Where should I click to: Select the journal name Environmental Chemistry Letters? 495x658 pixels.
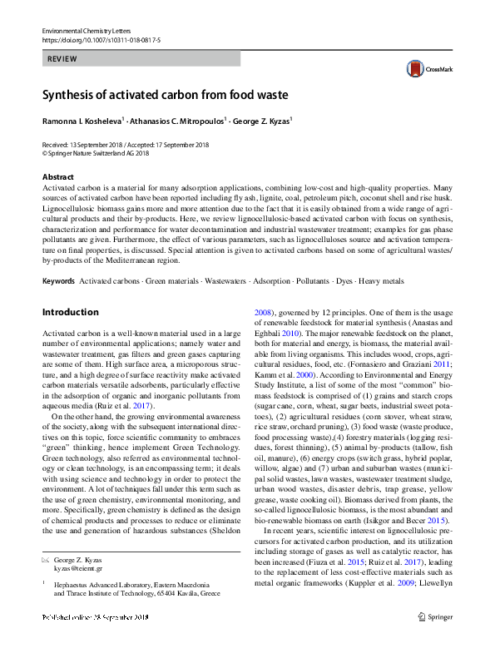coord(91,31)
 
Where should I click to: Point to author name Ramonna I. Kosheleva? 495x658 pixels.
coord(82,121)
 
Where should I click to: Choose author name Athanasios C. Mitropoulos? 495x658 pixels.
coord(179,121)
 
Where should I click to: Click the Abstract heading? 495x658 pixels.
coord(57,177)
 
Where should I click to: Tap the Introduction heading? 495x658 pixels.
coord(70,312)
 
